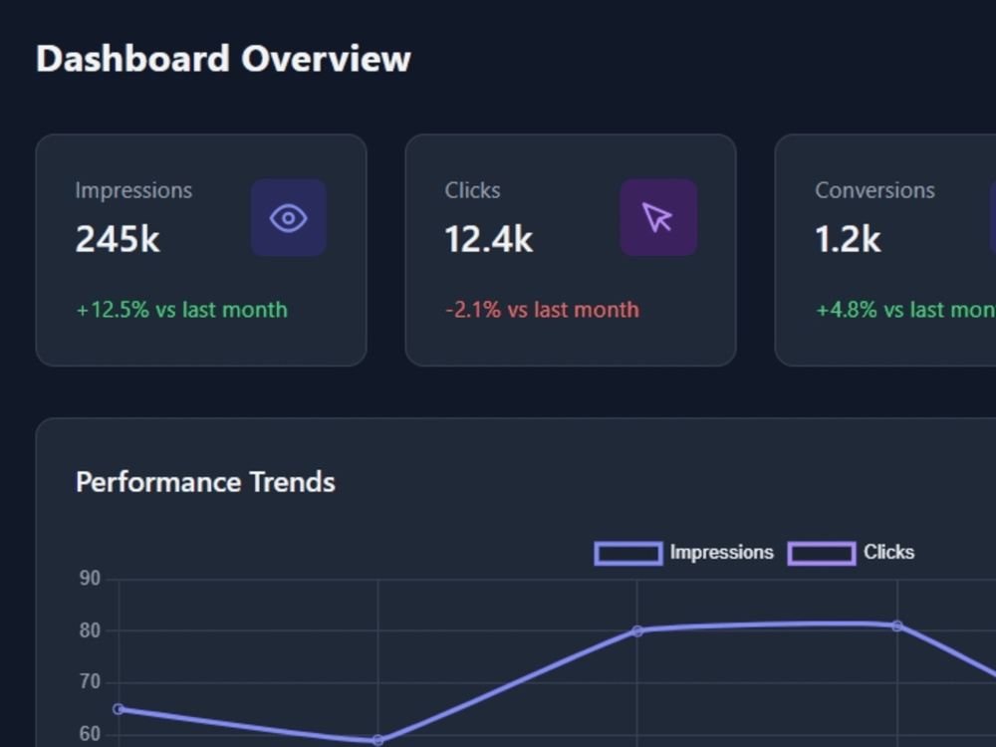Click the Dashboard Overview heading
pyautogui.click(x=223, y=59)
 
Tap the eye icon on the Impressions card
pyautogui.click(x=289, y=218)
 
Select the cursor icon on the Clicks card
pyautogui.click(x=658, y=218)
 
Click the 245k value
pyautogui.click(x=118, y=239)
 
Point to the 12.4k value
pyautogui.click(x=488, y=239)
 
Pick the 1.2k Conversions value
pyautogui.click(x=848, y=239)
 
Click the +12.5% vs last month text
pyautogui.click(x=181, y=310)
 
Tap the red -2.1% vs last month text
pyautogui.click(x=543, y=310)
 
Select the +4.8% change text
pyautogui.click(x=905, y=310)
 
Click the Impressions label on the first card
pyautogui.click(x=133, y=190)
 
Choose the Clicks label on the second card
pyautogui.click(x=472, y=190)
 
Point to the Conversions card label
pyautogui.click(x=874, y=190)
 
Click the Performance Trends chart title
pyautogui.click(x=205, y=482)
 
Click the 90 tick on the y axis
pyautogui.click(x=90, y=579)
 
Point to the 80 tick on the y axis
pyautogui.click(x=90, y=630)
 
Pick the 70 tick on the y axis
pyautogui.click(x=90, y=682)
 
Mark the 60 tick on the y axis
pyautogui.click(x=90, y=734)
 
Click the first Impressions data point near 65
pyautogui.click(x=119, y=709)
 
